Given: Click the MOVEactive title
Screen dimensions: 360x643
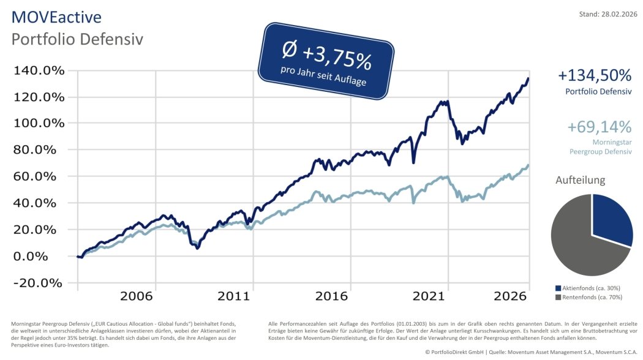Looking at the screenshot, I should click(56, 17).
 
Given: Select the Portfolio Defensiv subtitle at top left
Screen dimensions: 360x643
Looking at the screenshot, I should click(77, 39).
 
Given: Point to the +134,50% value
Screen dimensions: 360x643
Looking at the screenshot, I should click(594, 75).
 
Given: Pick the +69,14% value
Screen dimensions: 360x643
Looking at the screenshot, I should click(599, 127).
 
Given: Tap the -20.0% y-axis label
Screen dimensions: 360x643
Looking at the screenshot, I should click(39, 283).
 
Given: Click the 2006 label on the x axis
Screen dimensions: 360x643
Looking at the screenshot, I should click(136, 296).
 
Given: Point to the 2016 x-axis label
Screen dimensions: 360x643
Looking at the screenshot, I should click(331, 296).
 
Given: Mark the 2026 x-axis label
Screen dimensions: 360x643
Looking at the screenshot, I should click(511, 296).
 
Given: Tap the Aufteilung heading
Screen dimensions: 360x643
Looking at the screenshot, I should click(580, 180).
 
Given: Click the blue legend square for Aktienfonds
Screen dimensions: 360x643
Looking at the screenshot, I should click(558, 288).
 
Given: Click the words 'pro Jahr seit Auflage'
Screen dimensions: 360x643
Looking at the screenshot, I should click(322, 76).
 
